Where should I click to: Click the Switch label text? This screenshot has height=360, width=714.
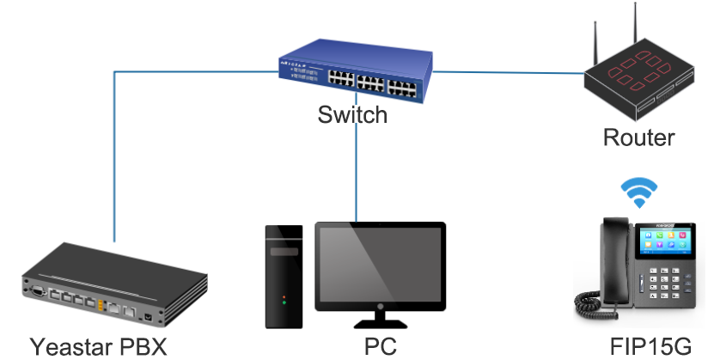tap(352, 114)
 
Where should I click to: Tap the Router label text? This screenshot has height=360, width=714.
tap(638, 137)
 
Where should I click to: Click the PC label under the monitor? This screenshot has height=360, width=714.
tap(381, 346)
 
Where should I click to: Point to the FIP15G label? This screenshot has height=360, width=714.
tap(650, 346)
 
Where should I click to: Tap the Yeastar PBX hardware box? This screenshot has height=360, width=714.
tap(112, 284)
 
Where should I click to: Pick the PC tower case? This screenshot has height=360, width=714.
tap(283, 275)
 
